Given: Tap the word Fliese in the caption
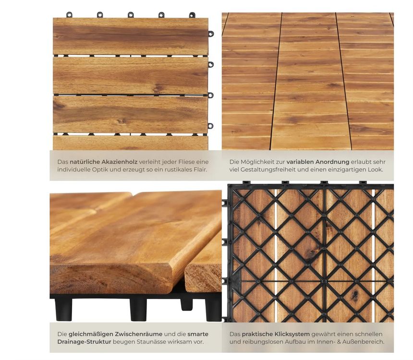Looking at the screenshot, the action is [186, 162].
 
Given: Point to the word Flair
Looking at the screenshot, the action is [200, 169].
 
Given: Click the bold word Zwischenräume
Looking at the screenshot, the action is [139, 334].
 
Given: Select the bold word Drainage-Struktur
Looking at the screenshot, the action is [85, 342].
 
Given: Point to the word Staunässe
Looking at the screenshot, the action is [150, 342].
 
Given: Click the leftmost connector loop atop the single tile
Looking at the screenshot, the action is [69, 15].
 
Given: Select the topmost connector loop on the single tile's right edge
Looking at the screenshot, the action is [211, 34].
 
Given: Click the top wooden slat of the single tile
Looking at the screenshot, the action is [131, 36].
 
